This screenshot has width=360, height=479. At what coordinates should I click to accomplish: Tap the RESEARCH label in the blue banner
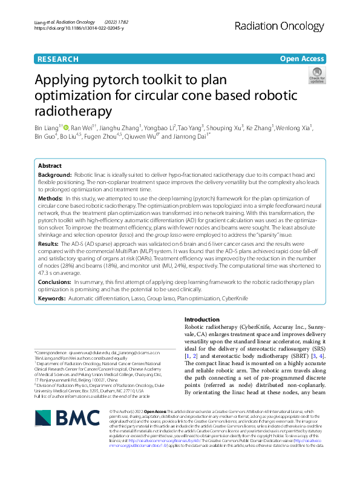57,59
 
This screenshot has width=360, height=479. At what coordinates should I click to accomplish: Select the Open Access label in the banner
301,59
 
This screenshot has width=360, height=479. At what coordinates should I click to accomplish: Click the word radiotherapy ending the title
73,111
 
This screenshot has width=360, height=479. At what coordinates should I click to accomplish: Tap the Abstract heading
50,165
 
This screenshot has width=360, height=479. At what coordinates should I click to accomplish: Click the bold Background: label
54,174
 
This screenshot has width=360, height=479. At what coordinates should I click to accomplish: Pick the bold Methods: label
50,199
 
